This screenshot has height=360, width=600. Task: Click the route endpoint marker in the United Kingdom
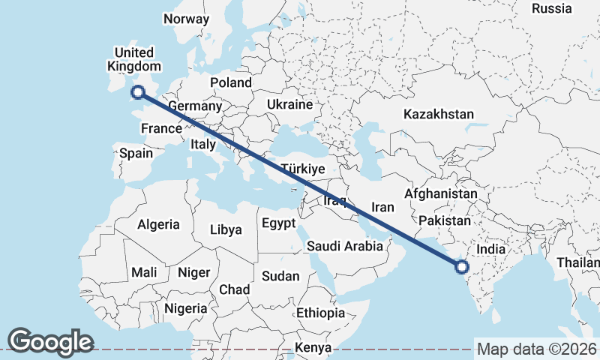point(137,92)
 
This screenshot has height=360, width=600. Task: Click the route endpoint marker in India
point(461,265)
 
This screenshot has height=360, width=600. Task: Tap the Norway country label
point(185,19)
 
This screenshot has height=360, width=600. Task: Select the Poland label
point(230,82)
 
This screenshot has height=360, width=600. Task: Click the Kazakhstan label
point(439,115)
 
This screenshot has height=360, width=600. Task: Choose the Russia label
point(552,8)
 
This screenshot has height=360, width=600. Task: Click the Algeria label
point(158,224)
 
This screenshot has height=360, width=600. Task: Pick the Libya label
point(226,229)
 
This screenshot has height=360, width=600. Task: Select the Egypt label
point(278,223)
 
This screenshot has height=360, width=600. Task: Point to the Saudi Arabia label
point(345,246)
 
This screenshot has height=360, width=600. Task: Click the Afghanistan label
point(441,194)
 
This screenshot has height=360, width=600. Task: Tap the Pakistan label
point(445,220)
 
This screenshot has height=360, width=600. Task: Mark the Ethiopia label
point(320,313)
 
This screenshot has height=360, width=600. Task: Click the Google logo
point(50,342)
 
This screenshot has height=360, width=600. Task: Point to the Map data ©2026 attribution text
point(536,349)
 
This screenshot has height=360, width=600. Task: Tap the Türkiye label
point(302,169)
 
